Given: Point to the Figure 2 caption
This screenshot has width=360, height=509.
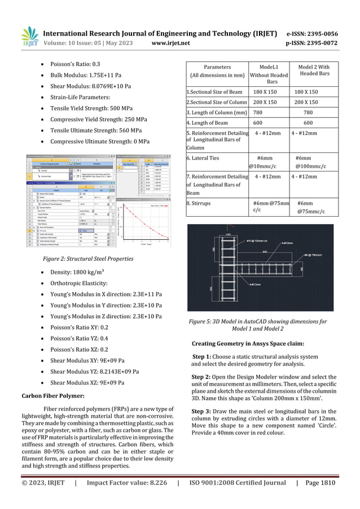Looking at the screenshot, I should [x=88, y=259].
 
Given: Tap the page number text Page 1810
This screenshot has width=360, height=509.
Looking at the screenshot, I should [x=321, y=483].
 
